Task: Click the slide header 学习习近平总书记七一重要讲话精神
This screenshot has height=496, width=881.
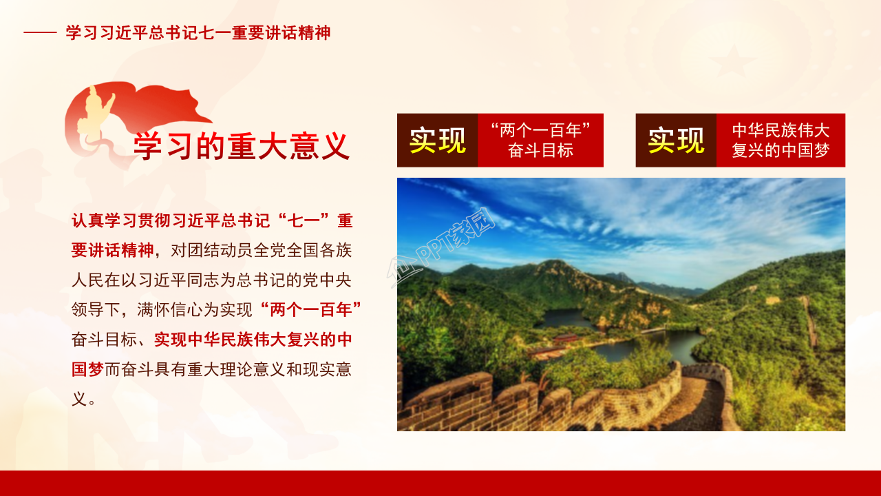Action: pyautogui.click(x=198, y=33)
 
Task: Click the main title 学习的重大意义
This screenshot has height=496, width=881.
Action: pyautogui.click(x=241, y=146)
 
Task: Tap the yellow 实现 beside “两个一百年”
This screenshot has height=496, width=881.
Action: pyautogui.click(x=438, y=141)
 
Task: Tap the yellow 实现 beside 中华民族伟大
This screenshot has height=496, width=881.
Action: pyautogui.click(x=676, y=141)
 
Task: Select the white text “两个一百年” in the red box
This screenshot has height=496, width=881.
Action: pyautogui.click(x=540, y=130)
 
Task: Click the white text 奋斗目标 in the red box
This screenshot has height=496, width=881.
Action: pyautogui.click(x=540, y=151)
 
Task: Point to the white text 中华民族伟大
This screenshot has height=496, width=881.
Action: pyautogui.click(x=781, y=130)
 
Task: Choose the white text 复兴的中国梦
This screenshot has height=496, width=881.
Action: pyautogui.click(x=781, y=151)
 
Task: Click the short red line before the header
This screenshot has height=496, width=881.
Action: pyautogui.click(x=40, y=33)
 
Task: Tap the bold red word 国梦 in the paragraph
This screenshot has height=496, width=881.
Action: pyautogui.click(x=87, y=369)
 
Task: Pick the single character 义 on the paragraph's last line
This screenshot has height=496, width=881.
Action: pyautogui.click(x=79, y=398)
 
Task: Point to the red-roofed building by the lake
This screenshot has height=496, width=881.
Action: pyautogui.click(x=564, y=338)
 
